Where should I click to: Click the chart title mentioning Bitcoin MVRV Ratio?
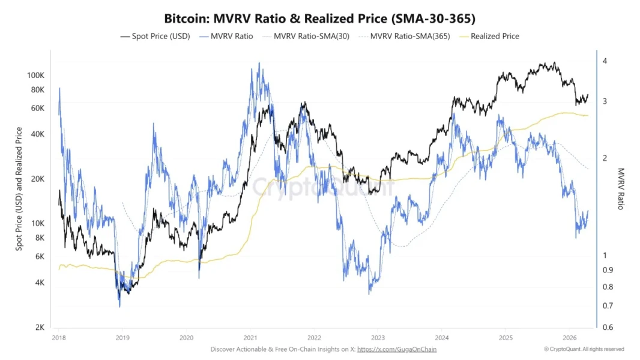click(319, 18)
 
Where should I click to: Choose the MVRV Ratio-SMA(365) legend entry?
click(403, 36)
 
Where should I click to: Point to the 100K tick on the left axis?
click(36, 76)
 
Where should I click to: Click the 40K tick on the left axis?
click(38, 134)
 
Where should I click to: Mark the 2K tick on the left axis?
click(40, 328)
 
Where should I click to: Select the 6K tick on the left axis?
click(40, 256)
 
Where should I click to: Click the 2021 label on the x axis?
click(251, 338)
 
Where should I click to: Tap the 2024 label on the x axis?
click(441, 338)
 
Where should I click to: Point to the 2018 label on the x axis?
click(59, 338)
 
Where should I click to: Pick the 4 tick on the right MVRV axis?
click(605, 61)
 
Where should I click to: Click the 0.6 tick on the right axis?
click(608, 328)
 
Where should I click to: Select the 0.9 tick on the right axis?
click(608, 270)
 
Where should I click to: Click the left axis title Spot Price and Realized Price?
click(20, 189)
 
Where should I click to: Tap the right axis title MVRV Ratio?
click(621, 189)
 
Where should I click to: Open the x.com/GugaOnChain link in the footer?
click(397, 349)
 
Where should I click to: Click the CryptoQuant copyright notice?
click(584, 349)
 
